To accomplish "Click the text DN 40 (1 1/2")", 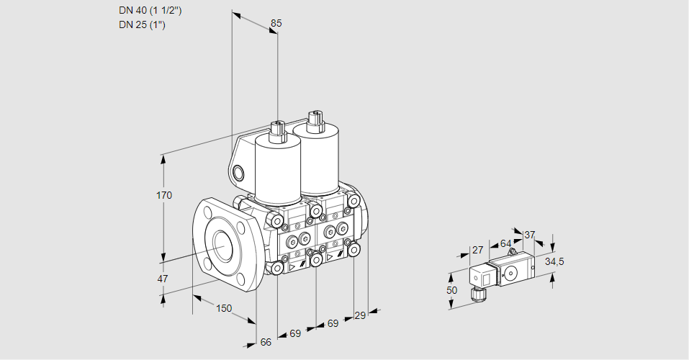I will (x=151, y=11).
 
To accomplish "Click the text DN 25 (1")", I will (x=142, y=25).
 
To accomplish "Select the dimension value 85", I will (x=276, y=23).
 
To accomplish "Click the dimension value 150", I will (x=224, y=308).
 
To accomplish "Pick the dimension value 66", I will (x=266, y=342).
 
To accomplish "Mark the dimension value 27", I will (x=477, y=251).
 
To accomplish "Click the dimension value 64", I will (x=505, y=244).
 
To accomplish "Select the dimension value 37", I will (x=530, y=235).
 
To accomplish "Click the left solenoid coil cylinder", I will (x=278, y=170).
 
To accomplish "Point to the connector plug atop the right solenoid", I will (x=315, y=120).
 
